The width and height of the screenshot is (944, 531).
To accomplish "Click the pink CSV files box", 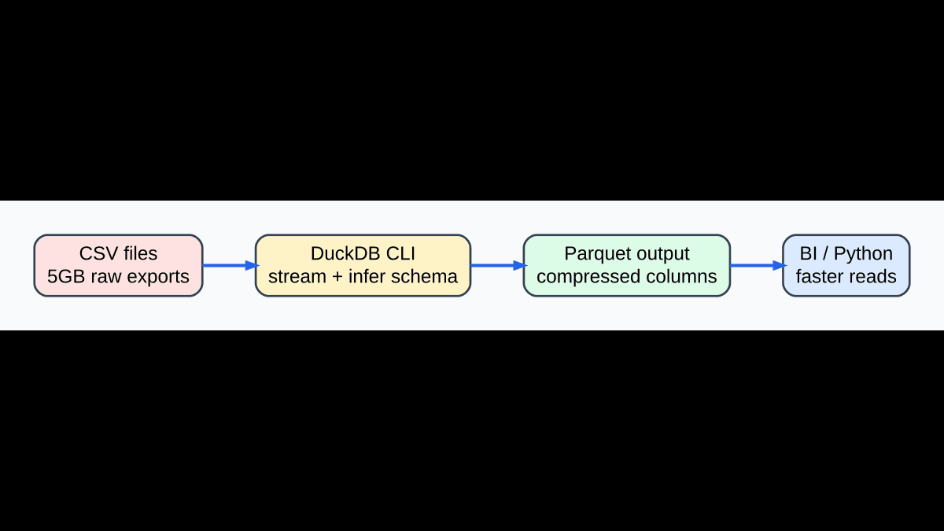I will pos(118,266).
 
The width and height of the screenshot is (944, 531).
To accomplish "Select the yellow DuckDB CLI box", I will pos(363,266).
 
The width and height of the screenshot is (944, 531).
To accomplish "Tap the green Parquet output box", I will pos(626,266).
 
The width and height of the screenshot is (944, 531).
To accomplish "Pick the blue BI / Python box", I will pos(846,266).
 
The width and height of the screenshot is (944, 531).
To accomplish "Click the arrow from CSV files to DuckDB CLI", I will pos(230,266).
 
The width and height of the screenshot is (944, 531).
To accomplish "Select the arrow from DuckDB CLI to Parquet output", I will pos(497,266).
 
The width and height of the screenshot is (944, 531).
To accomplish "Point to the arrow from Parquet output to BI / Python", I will pos(757,266).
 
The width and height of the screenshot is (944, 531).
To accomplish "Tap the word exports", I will pos(160,277).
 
